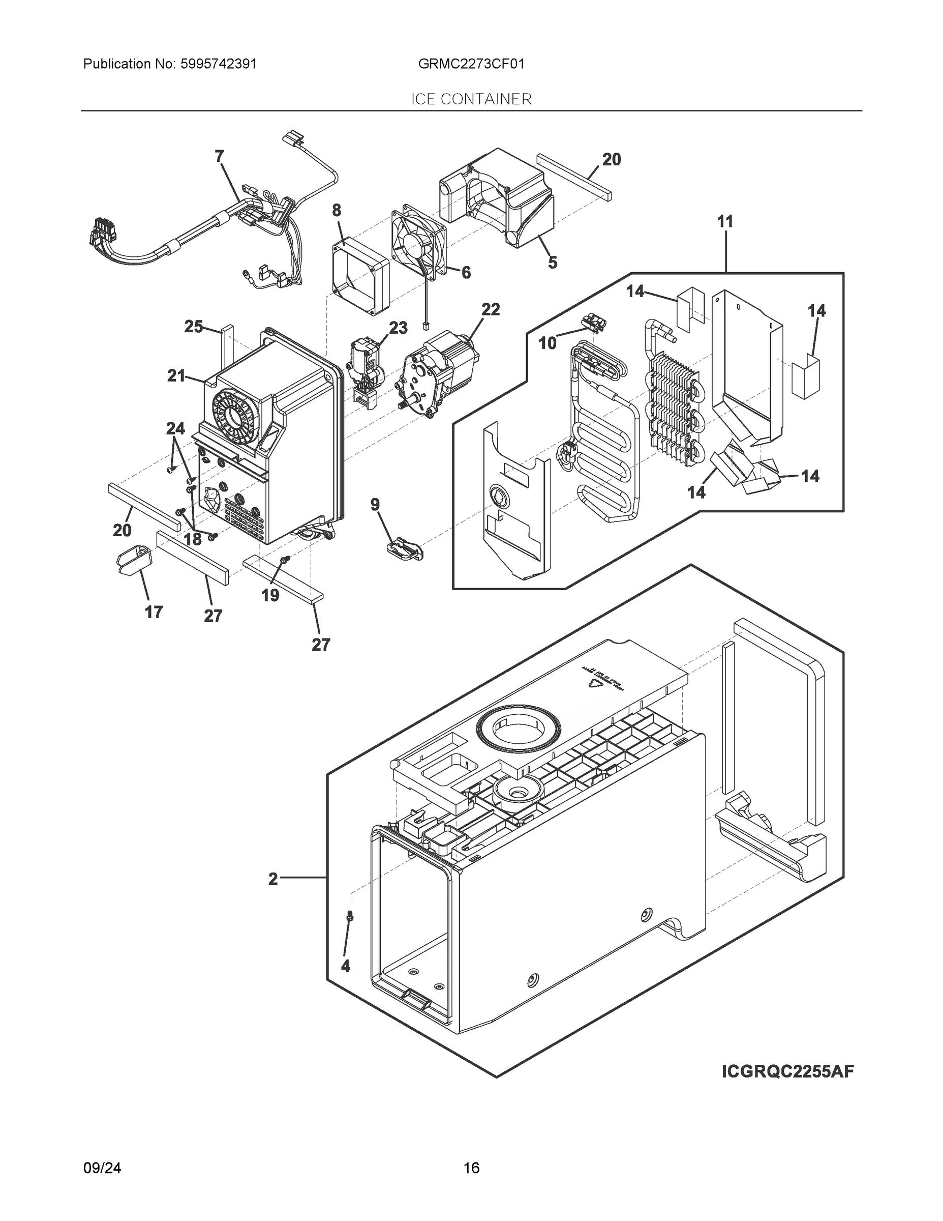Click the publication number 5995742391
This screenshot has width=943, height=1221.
point(218,64)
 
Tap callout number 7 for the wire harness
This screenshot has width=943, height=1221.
point(220,156)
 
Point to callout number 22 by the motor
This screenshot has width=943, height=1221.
point(491,309)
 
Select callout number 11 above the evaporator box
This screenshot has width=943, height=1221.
point(725,221)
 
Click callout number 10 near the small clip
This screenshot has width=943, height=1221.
point(547,343)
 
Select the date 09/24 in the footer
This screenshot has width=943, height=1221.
point(102,1168)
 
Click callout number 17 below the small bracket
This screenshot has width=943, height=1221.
point(154,612)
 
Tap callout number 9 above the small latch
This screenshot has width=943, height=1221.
point(375,505)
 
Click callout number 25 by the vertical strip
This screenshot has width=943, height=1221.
point(193,327)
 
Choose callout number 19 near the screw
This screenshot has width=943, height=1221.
point(270,595)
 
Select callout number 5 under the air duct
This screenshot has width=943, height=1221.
point(553,262)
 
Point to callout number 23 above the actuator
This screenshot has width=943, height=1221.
point(398,328)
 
